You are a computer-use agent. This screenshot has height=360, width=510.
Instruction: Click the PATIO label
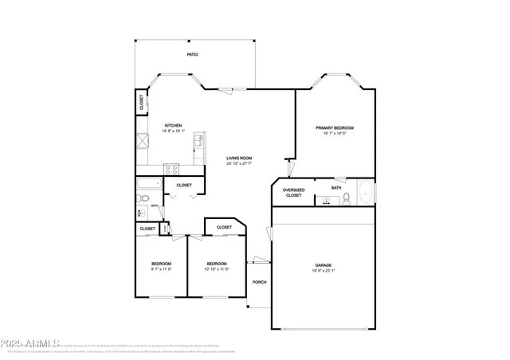[192, 54]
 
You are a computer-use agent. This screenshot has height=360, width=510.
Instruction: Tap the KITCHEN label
[173, 125]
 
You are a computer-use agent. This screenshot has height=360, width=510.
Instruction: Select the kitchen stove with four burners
[171, 168]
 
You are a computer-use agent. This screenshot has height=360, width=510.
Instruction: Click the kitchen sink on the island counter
[199, 146]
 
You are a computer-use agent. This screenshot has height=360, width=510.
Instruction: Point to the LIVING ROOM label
[238, 158]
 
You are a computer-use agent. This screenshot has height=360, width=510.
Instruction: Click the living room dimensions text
[238, 164]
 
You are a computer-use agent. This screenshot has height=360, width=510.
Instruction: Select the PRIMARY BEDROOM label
[334, 127]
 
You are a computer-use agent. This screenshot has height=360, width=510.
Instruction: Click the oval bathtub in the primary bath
[364, 192]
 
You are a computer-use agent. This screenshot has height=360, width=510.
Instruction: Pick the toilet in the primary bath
[347, 199]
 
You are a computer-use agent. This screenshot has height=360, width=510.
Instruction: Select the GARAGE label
[323, 265]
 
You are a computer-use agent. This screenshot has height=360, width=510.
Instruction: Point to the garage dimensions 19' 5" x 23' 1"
[323, 272]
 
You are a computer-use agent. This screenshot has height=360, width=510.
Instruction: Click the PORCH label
[259, 283]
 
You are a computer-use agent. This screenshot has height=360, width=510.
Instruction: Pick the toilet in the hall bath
[142, 213]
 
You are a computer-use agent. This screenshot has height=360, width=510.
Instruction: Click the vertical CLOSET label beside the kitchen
[142, 103]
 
